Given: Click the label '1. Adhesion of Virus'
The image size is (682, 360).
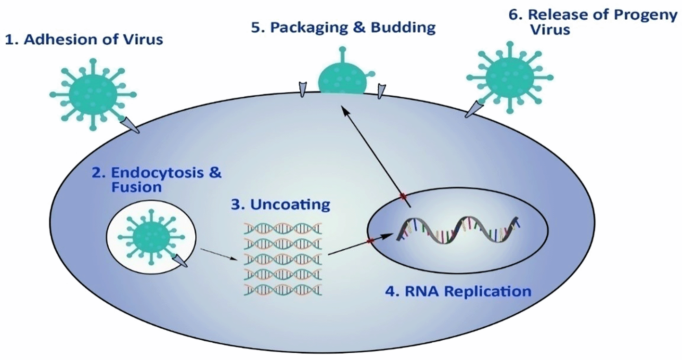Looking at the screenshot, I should click(x=83, y=39).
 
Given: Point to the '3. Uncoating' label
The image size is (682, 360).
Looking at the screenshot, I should click(x=281, y=205).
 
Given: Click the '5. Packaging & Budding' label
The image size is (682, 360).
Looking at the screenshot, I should click(x=343, y=27).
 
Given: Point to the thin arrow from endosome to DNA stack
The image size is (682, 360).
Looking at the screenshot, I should click(x=219, y=254).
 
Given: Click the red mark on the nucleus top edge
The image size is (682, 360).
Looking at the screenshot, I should click(x=404, y=196).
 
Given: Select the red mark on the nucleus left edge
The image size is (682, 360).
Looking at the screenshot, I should click(x=371, y=241).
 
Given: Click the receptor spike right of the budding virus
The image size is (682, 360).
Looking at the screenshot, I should click(x=381, y=90).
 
